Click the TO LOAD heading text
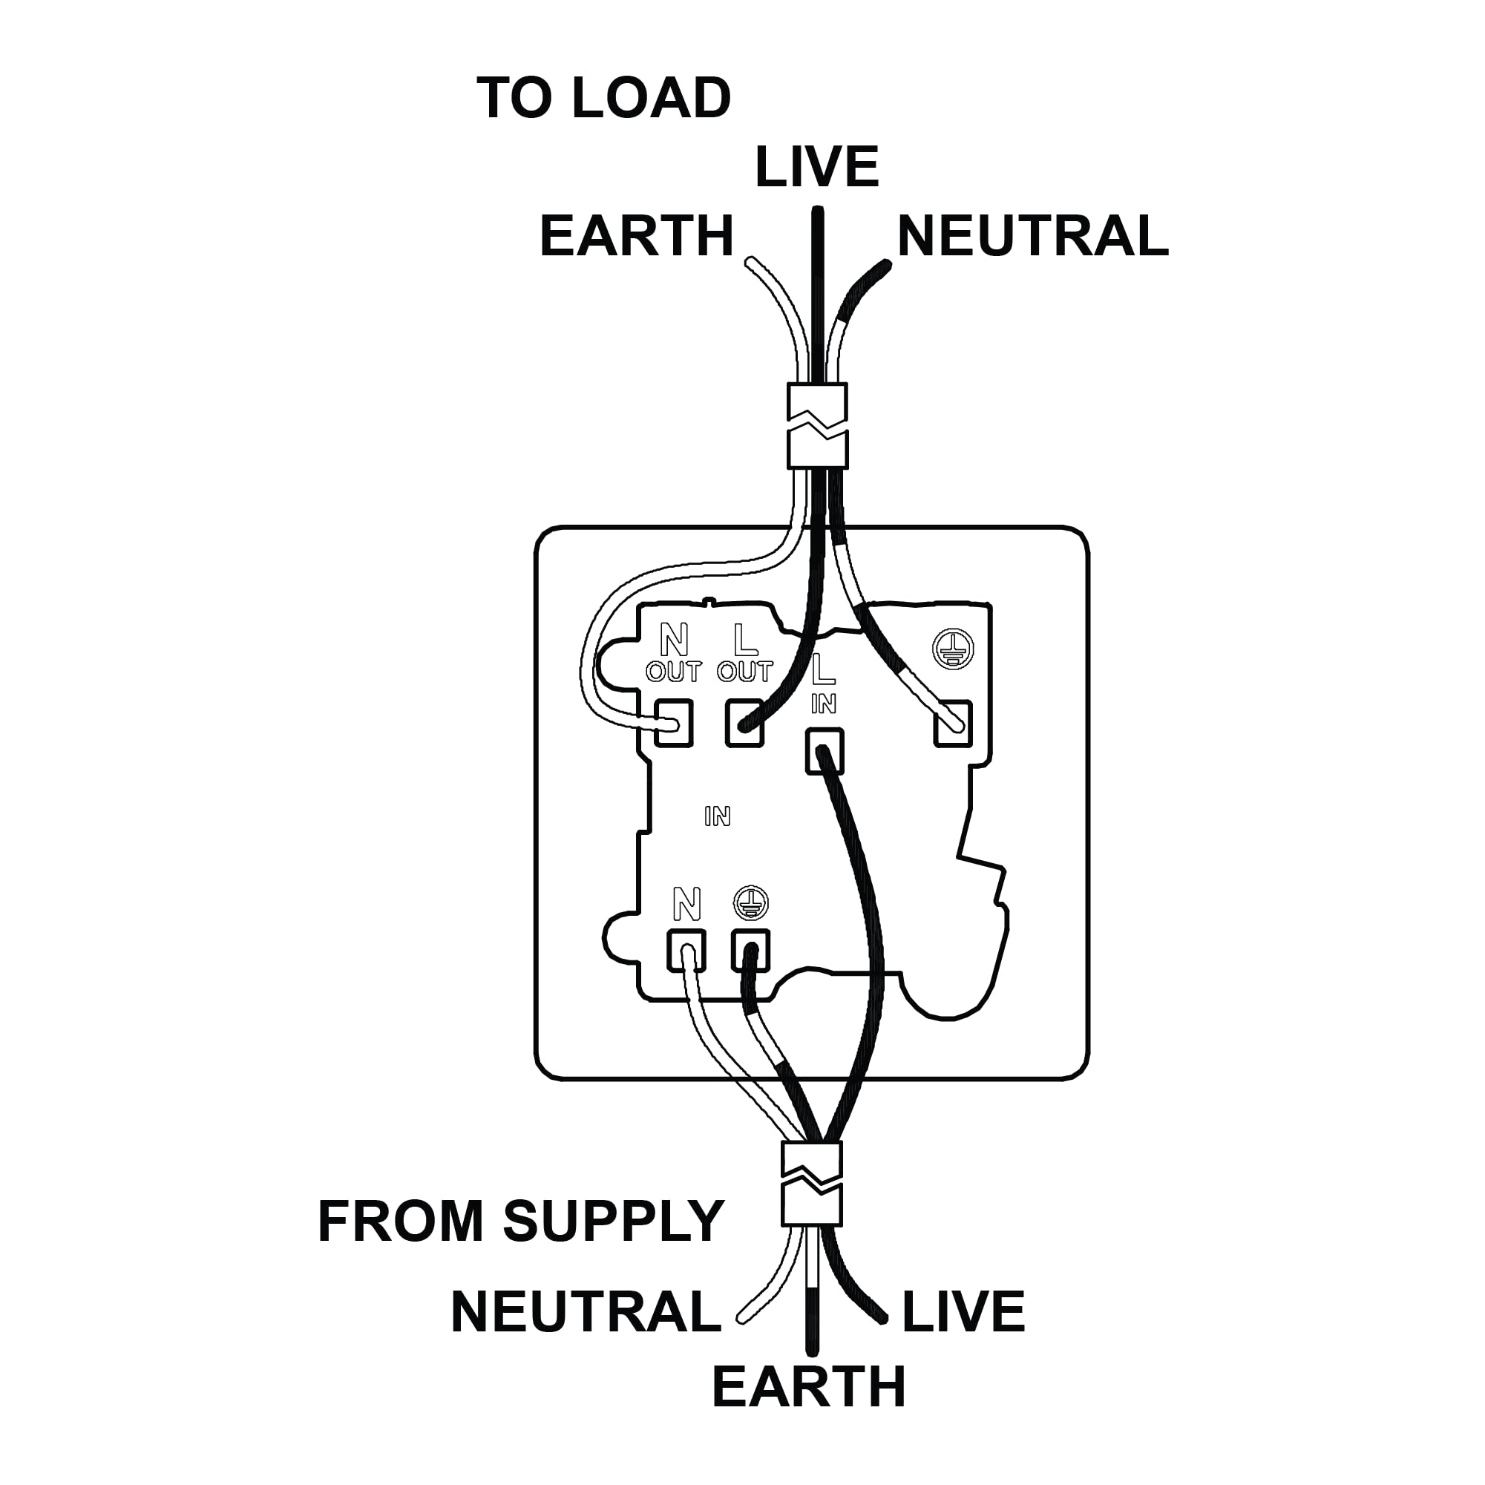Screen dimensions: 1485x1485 coord(604,99)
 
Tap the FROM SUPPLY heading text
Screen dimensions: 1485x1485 coord(521,1222)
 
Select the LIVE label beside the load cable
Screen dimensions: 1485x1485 coord(817,167)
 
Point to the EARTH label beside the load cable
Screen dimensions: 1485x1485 coord(637,236)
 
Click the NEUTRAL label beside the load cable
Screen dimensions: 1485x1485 coord(1032,236)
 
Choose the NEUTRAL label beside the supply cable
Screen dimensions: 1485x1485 coord(586,1312)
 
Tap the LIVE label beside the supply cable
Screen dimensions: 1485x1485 coord(963,1312)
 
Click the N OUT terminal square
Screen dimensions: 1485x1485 coord(673,724)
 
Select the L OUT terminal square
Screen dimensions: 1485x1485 coord(745,724)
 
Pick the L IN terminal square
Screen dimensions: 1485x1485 coord(825,751)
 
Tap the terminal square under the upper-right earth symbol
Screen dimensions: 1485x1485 coord(953,724)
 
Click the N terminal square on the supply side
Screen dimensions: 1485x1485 coord(686,951)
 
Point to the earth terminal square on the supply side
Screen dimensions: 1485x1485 coord(750,951)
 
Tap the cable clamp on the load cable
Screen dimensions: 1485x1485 coord(818,426)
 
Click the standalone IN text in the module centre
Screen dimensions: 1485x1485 coord(717,816)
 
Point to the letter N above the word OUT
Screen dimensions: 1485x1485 coord(675,640)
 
